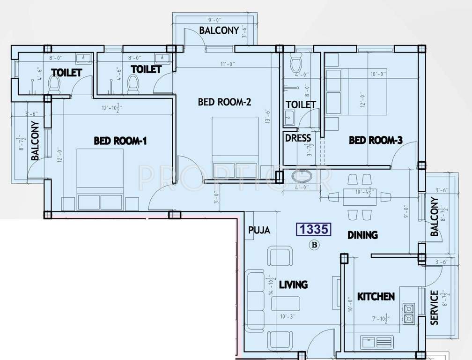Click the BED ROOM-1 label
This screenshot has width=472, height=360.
120,140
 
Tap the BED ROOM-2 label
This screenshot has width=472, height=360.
225,102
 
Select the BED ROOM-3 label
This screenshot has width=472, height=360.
376,140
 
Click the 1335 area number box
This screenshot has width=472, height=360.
314,229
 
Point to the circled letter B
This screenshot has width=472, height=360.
314,244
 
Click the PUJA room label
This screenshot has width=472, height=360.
259,230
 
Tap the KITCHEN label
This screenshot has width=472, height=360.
376,296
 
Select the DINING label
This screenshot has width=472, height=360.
362,235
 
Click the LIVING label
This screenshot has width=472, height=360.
293,285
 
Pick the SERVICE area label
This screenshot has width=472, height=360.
434,307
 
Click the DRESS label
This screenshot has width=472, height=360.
298,138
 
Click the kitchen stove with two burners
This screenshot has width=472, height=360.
408,314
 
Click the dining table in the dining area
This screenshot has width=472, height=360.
359,196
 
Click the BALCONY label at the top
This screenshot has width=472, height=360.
219,30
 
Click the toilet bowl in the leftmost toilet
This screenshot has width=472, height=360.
55,84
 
